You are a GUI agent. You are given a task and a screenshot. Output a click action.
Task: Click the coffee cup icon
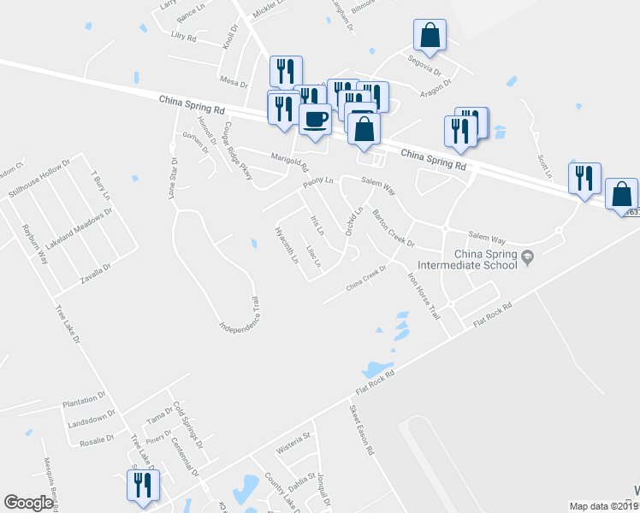315,118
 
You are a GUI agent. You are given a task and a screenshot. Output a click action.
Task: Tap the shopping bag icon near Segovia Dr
430,36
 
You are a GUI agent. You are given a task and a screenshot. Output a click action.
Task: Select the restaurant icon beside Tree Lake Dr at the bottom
142,485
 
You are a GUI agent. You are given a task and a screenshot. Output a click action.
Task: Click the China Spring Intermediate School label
485,259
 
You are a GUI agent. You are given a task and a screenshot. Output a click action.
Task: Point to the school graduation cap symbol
528,256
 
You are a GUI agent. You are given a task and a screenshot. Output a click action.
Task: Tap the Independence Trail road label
239,315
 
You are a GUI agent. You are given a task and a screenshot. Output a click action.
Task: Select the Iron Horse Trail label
423,297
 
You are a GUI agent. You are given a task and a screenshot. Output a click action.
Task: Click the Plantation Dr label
83,398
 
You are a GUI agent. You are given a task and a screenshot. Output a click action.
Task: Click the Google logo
28,503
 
